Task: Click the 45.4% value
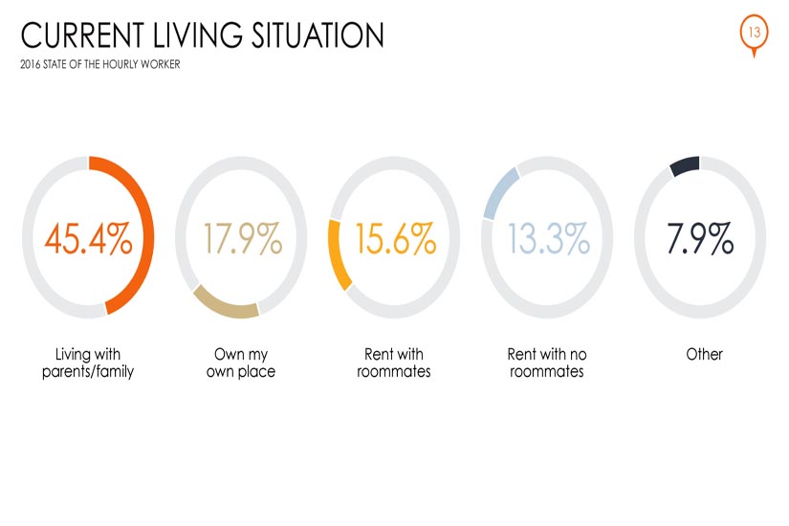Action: (89, 238)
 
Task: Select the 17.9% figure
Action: (243, 238)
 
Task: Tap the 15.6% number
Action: (396, 238)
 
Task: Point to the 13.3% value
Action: (549, 238)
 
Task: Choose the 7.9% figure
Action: (700, 238)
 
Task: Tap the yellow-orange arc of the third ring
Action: (334, 255)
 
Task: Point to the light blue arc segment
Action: (499, 193)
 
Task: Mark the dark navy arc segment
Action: (685, 165)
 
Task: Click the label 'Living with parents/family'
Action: (88, 362)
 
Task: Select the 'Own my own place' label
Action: (241, 362)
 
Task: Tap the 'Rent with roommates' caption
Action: (394, 362)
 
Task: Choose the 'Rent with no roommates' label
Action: (547, 362)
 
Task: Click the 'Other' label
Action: (705, 355)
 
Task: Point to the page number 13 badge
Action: (754, 33)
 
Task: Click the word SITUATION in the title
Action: (318, 35)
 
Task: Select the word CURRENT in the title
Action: (82, 35)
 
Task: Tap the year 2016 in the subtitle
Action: (31, 64)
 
